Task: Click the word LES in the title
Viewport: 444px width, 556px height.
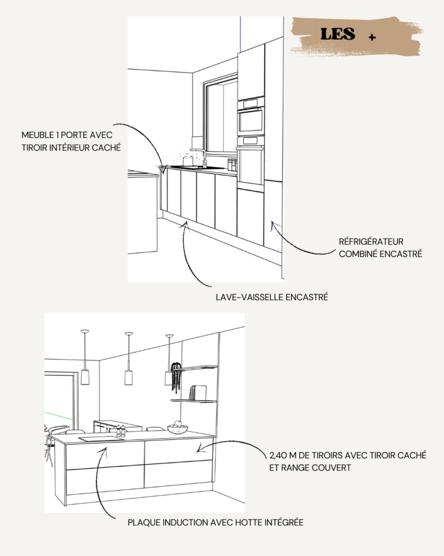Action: coord(337,34)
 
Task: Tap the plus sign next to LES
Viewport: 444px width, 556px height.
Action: coord(372,37)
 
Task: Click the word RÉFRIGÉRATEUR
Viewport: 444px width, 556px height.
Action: coord(371,242)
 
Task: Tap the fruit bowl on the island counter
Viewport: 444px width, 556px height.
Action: coord(177,428)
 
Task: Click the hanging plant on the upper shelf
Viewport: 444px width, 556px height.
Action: coord(176,377)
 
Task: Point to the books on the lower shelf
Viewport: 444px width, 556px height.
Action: coord(198,393)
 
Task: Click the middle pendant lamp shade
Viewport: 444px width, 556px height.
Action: coord(128,377)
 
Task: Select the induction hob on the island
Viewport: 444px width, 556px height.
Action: coord(100,439)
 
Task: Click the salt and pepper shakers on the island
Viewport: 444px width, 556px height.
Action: coord(121,431)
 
